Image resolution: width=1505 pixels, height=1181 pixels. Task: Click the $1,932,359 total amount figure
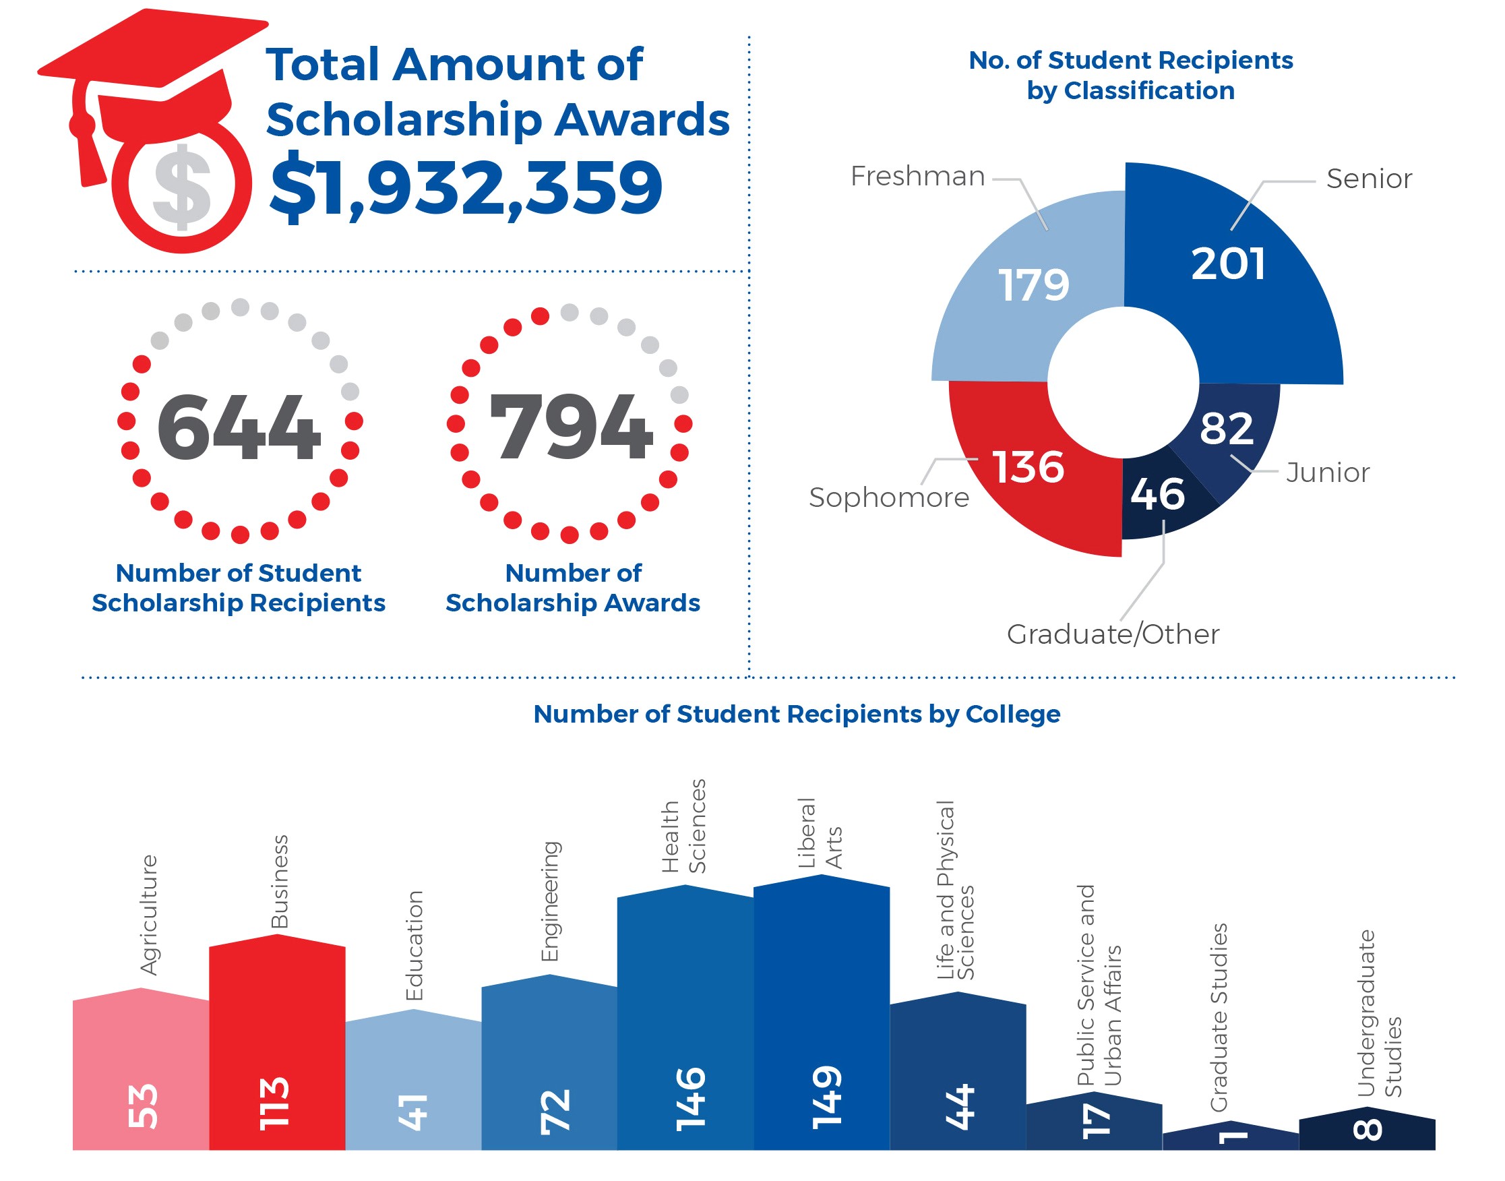click(x=466, y=187)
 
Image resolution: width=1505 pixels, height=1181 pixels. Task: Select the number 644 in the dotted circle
click(x=239, y=427)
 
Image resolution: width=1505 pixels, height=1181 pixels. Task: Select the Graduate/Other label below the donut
click(x=1112, y=634)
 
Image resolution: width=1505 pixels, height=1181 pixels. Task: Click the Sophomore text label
click(x=889, y=498)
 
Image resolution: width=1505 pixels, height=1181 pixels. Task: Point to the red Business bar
click(x=276, y=1037)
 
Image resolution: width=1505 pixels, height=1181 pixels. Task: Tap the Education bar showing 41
click(x=413, y=1079)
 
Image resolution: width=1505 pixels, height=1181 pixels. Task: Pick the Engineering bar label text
click(x=549, y=901)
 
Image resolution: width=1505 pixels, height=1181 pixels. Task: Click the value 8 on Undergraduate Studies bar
click(x=1367, y=1130)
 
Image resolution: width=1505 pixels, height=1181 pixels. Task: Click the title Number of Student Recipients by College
click(x=797, y=714)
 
